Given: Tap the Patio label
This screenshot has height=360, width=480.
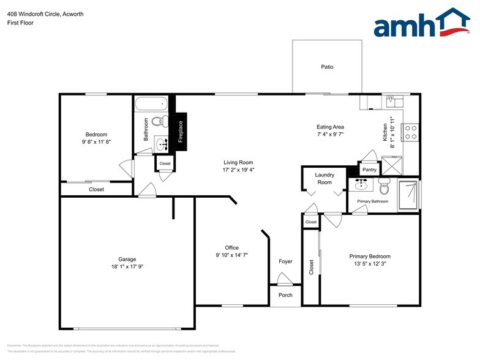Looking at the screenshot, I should [328, 67].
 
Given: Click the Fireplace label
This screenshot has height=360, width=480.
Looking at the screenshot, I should [181, 131].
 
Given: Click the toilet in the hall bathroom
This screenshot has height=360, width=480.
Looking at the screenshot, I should [159, 121].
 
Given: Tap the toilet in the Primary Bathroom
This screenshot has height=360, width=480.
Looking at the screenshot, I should [384, 187].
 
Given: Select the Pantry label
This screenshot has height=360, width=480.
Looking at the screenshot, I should [369, 170].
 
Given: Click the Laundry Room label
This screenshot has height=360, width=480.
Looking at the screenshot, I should [324, 179].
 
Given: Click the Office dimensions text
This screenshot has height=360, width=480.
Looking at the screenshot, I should [231, 255].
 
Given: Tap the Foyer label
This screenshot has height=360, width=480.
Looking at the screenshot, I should [285, 261].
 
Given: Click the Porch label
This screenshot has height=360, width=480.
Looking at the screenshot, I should [285, 295].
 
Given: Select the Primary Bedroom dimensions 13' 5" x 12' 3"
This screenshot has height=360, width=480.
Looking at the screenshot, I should [370, 264].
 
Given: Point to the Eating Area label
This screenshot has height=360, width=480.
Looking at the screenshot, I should [330, 127].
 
